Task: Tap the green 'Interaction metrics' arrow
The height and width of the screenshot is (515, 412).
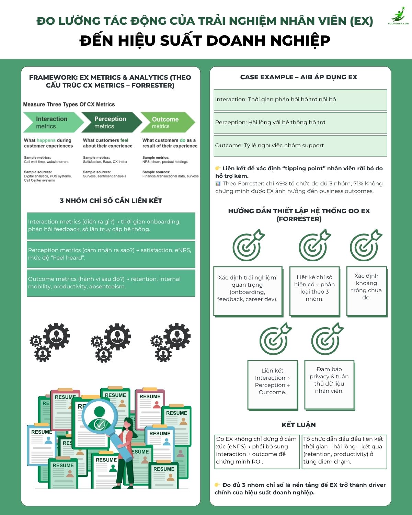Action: (x=51, y=122)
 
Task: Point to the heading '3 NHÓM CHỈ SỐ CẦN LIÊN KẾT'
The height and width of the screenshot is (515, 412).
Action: (x=111, y=201)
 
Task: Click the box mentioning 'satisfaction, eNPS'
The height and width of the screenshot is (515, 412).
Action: (x=111, y=254)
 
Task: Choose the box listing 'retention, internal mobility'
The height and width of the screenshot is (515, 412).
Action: (x=111, y=283)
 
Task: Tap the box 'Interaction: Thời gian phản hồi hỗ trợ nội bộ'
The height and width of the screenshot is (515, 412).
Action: (x=300, y=100)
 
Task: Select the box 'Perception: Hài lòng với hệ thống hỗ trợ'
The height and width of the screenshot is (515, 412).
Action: (x=300, y=123)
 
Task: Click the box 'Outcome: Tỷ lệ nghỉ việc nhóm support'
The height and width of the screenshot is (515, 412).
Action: (x=300, y=146)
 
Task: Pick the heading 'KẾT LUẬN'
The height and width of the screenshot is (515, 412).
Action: (x=299, y=425)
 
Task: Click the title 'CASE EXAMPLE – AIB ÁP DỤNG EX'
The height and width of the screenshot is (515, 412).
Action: (x=299, y=77)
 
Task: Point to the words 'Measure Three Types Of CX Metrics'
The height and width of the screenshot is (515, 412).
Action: (x=69, y=104)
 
